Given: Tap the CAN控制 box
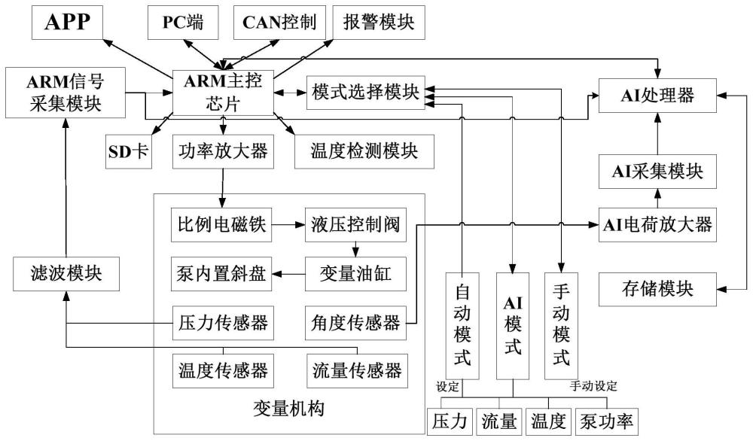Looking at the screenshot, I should [x=278, y=23].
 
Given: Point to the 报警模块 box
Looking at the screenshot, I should [x=373, y=23].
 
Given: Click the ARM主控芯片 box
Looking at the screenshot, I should [x=222, y=93].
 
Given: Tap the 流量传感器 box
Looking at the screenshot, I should [x=356, y=370].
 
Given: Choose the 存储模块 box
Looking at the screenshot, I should [x=657, y=287].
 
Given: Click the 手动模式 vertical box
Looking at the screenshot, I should [x=561, y=325].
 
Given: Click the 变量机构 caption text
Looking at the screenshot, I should [x=289, y=410].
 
